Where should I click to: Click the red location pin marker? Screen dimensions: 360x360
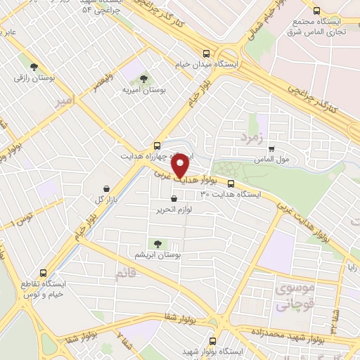point(181,167)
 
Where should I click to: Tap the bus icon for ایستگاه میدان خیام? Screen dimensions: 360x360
point(206,53)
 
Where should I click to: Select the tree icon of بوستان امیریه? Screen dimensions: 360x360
point(143,79)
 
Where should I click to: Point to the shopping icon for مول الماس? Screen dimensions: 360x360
point(271,148)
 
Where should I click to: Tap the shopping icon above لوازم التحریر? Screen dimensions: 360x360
point(174,199)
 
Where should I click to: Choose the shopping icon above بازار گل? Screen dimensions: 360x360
point(105,188)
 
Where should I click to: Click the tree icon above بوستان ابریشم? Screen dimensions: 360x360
point(157,244)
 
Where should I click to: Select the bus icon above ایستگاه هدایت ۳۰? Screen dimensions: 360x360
point(231,184)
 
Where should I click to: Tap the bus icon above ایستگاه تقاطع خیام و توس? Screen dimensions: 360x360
point(44,272)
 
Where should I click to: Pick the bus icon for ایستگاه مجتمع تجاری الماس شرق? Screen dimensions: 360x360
point(316,11)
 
